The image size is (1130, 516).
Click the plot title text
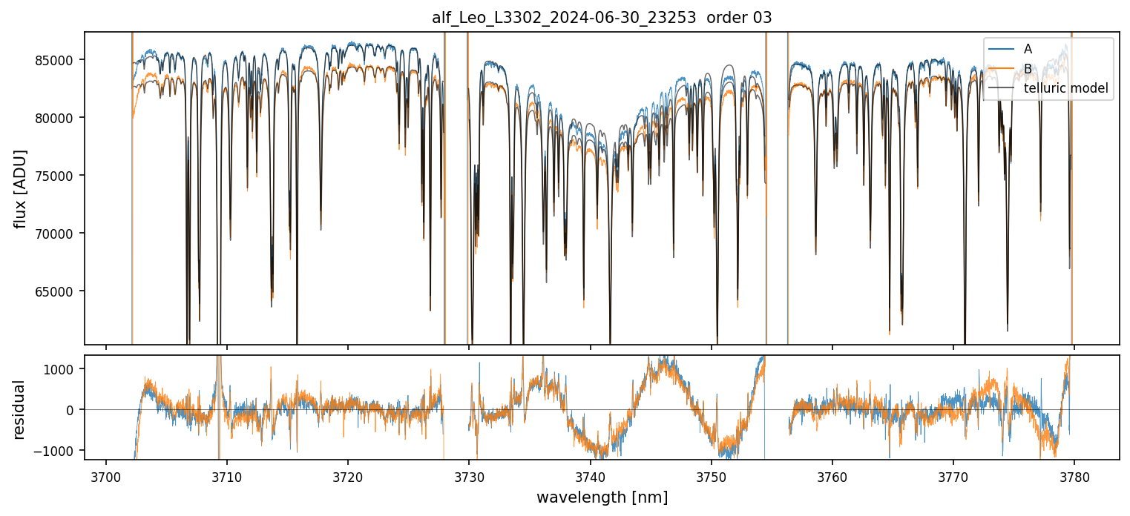pyautogui.click(x=602, y=18)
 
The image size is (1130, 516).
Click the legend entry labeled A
pyautogui.click(x=1028, y=49)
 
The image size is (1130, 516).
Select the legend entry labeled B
pyautogui.click(x=1028, y=69)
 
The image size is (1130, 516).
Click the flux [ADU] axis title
pyautogui.click(x=21, y=188)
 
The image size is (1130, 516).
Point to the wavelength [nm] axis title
pyautogui.click(x=602, y=497)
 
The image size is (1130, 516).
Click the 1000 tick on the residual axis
pyautogui.click(x=66, y=369)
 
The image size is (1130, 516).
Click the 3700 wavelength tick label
pyautogui.click(x=105, y=475)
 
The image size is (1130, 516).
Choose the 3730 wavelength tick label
pyautogui.click(x=469, y=475)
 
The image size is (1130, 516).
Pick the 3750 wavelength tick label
pyautogui.click(x=711, y=475)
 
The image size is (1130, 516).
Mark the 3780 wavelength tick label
pyautogui.click(x=1074, y=475)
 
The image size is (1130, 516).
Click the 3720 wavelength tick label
pyautogui.click(x=348, y=475)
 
